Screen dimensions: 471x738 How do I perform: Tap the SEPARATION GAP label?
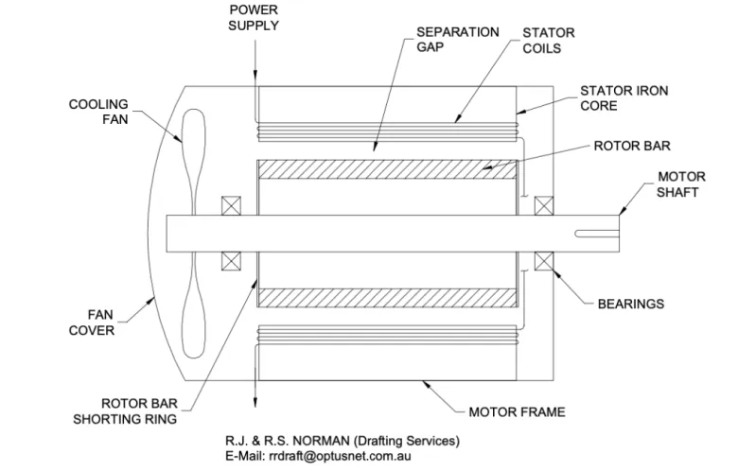458,39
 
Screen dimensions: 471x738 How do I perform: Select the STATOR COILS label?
549,39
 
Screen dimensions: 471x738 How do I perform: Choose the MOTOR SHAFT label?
678,185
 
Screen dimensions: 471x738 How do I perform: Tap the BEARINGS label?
630,305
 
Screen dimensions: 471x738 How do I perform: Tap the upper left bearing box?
231,206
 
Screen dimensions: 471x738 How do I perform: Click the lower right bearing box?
544,261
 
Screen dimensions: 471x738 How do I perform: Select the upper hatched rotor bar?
387,169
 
